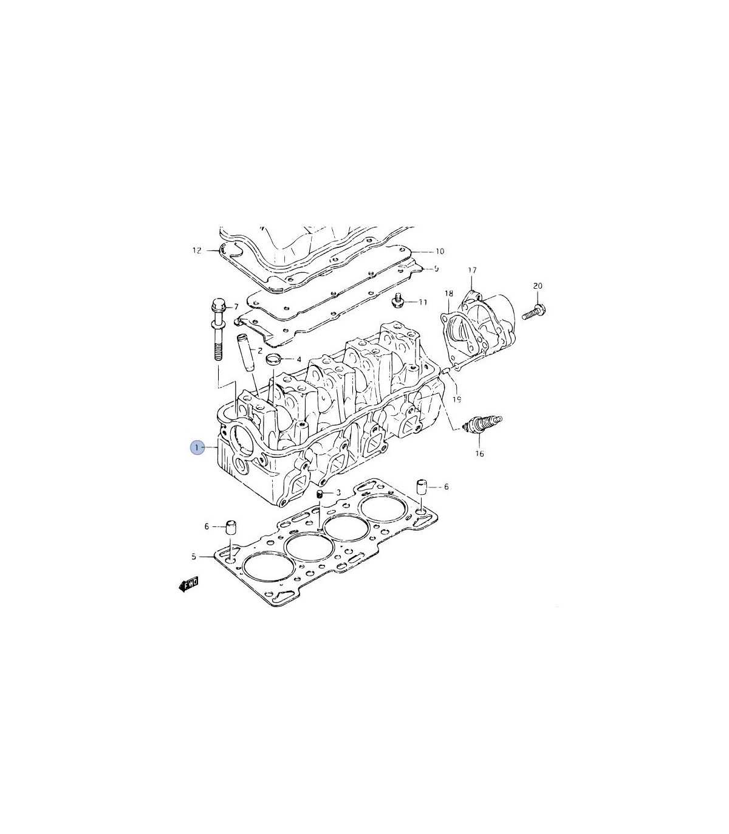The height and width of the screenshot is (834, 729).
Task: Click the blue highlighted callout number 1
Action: coord(197,448)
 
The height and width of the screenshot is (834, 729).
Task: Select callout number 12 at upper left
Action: coord(197,250)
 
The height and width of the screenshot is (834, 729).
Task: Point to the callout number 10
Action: coord(440,251)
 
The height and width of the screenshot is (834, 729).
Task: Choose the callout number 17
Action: coord(472,271)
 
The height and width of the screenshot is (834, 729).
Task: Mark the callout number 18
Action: coord(449,293)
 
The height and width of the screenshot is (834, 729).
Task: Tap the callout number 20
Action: coord(538,286)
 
